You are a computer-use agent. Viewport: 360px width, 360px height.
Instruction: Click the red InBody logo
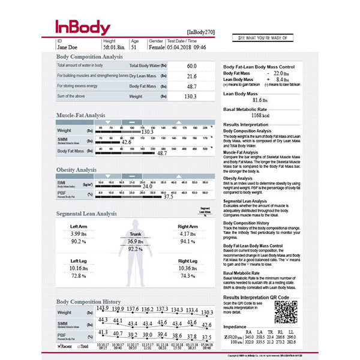coord(83,28)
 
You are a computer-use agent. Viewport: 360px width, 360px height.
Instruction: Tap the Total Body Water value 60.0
coord(191,65)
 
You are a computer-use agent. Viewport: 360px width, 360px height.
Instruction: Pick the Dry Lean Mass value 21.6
coord(191,76)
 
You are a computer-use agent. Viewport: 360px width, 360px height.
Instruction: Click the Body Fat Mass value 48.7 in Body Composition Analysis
coord(191,86)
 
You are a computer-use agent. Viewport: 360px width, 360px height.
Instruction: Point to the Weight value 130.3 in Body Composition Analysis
coord(191,97)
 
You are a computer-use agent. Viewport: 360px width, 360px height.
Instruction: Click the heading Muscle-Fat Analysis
coord(80,115)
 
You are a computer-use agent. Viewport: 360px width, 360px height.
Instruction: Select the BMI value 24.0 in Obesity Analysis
coord(148,187)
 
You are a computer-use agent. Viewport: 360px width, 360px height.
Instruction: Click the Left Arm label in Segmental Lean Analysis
coord(79,226)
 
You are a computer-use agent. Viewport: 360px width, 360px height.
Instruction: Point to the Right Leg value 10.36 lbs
coord(187,268)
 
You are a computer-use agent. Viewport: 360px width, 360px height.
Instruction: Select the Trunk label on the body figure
coord(136,234)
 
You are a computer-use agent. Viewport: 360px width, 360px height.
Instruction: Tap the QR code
coord(286,312)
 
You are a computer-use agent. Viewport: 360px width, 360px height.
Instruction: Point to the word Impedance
coord(236,326)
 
